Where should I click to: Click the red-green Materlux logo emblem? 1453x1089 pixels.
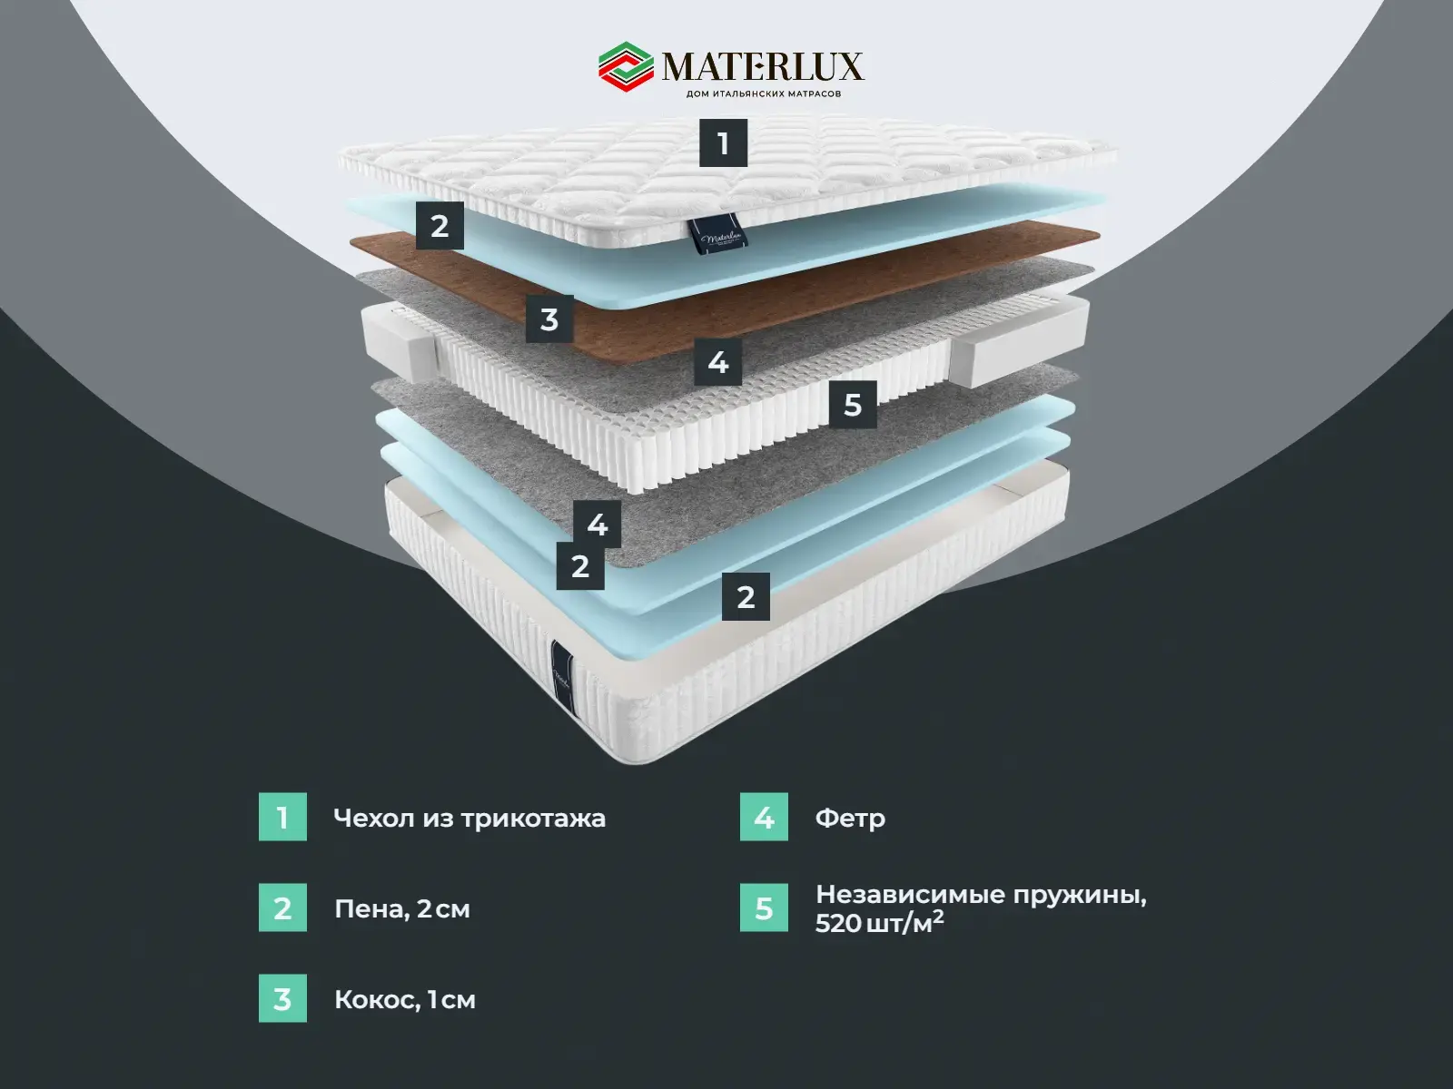click(x=625, y=67)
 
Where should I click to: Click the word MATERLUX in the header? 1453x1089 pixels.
click(x=762, y=66)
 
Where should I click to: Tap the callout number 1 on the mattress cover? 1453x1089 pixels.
click(x=723, y=143)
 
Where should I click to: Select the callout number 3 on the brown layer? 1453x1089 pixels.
click(x=549, y=319)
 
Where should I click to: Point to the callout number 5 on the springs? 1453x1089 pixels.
click(x=852, y=404)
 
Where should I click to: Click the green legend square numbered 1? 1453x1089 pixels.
click(x=282, y=817)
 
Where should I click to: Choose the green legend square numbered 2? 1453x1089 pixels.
click(x=282, y=907)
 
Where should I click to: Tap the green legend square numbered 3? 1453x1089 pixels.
click(x=282, y=998)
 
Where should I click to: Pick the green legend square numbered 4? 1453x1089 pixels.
click(x=764, y=817)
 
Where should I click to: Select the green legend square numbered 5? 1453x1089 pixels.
click(x=764, y=907)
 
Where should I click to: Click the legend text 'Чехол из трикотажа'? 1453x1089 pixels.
click(x=470, y=819)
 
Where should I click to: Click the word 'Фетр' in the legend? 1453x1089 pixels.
click(x=850, y=819)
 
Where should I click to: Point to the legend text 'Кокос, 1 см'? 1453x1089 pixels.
click(x=405, y=1000)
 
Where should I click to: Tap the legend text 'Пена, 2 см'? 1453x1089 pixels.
click(x=402, y=909)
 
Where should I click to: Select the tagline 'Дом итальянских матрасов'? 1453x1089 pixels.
click(x=762, y=93)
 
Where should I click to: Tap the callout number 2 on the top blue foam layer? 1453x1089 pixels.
click(x=440, y=225)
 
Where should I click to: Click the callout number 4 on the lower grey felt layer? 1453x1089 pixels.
click(x=597, y=524)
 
